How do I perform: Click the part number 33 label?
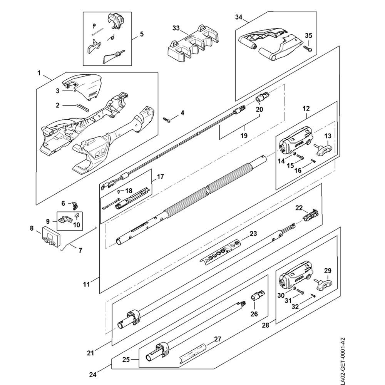coord(176,28)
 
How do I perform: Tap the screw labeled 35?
coord(307,49)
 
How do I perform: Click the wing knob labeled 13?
coord(321,148)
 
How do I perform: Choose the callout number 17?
coord(160,177)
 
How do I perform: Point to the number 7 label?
coord(80,250)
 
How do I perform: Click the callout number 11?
coord(86,285)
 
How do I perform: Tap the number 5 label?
coord(142,34)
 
